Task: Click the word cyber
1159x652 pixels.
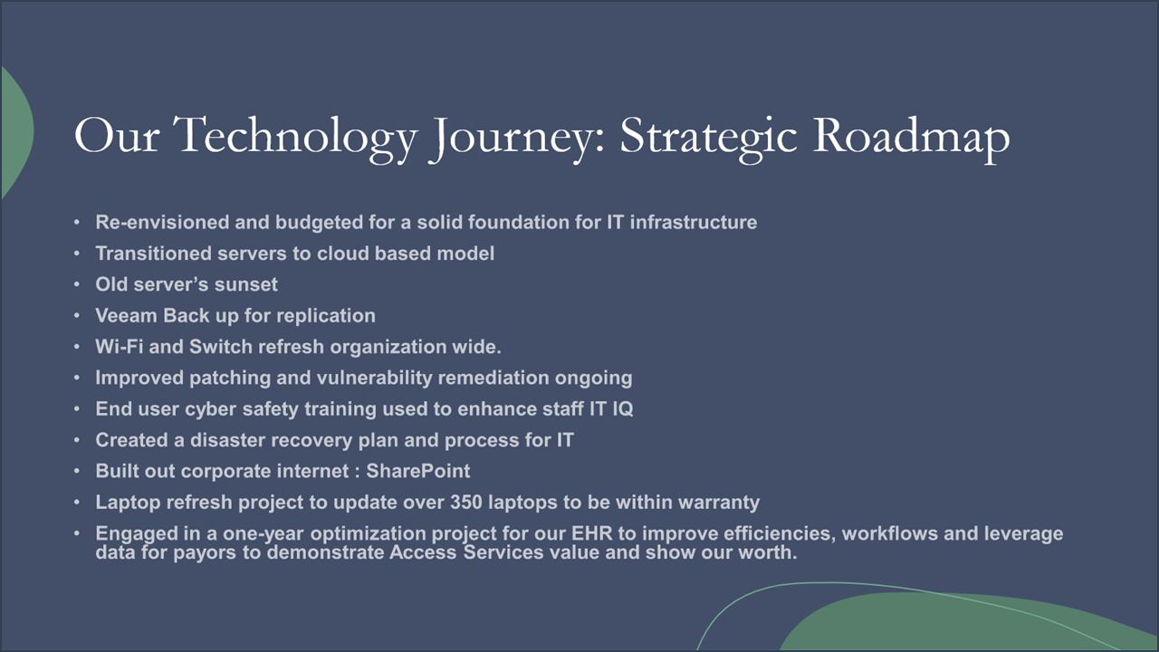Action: (x=210, y=408)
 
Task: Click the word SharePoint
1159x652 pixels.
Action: (x=417, y=471)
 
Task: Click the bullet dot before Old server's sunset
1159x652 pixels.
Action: (x=78, y=284)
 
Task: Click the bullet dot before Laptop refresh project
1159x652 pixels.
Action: (x=78, y=502)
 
